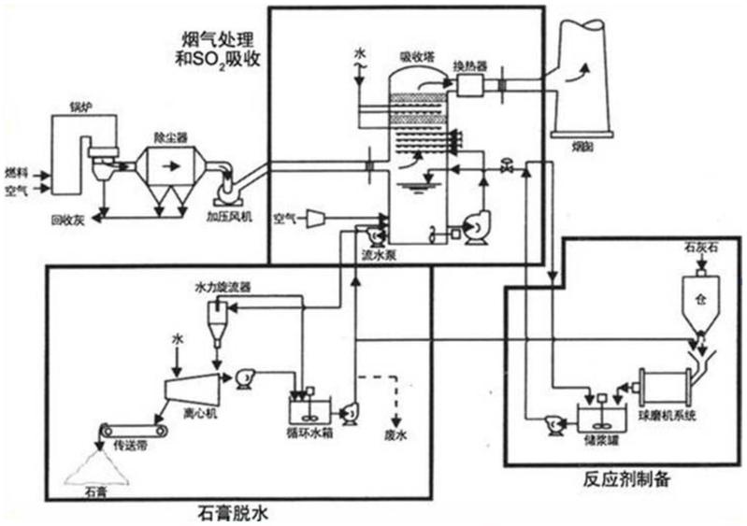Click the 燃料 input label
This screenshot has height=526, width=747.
tap(16, 172)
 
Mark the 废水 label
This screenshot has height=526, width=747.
tap(396, 434)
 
